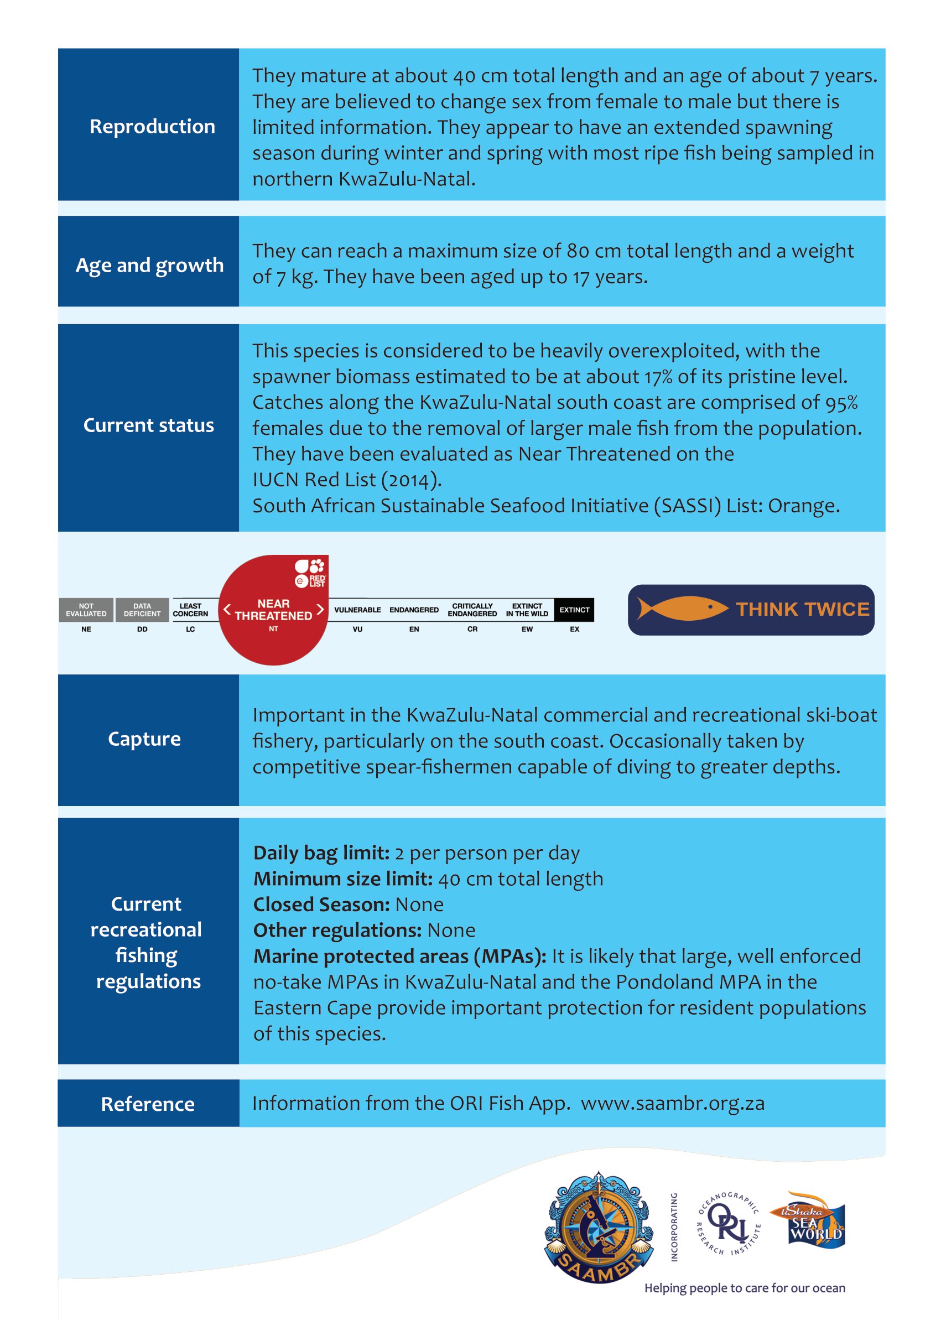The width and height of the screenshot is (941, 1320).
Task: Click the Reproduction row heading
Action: (152, 126)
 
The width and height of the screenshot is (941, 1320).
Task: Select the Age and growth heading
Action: (149, 266)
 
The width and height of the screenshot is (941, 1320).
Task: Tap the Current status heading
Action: (148, 425)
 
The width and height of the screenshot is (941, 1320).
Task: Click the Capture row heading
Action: (144, 739)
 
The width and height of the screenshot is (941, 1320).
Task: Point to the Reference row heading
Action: (148, 1104)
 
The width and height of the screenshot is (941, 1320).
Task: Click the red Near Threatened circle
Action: (273, 610)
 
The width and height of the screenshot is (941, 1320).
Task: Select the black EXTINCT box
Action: (574, 610)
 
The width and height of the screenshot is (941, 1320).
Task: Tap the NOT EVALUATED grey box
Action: (86, 610)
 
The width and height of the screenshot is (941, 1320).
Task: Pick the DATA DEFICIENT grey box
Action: (142, 610)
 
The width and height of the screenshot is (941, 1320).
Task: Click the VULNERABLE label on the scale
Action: (357, 610)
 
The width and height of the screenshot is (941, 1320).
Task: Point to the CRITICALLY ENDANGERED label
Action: (472, 610)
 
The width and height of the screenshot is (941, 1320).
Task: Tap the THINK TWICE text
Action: (803, 609)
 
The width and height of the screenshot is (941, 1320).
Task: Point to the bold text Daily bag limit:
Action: (321, 853)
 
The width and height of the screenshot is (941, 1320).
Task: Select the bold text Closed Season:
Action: (321, 905)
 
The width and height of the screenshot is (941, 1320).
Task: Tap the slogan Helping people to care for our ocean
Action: (745, 1287)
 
